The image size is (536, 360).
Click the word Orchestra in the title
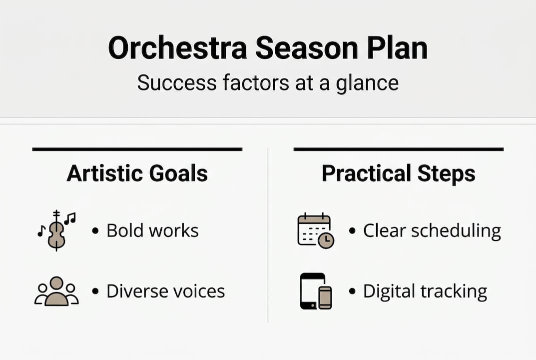177,48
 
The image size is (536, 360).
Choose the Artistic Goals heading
137,173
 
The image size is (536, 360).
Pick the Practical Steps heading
398,173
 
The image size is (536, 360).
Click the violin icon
56,230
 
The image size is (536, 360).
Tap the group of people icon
56,291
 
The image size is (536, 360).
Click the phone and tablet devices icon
316,291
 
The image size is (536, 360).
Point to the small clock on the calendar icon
326,240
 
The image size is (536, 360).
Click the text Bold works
152,230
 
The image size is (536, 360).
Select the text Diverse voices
165,291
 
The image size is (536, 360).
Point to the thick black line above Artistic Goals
137,149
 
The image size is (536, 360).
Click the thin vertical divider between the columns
268,235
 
